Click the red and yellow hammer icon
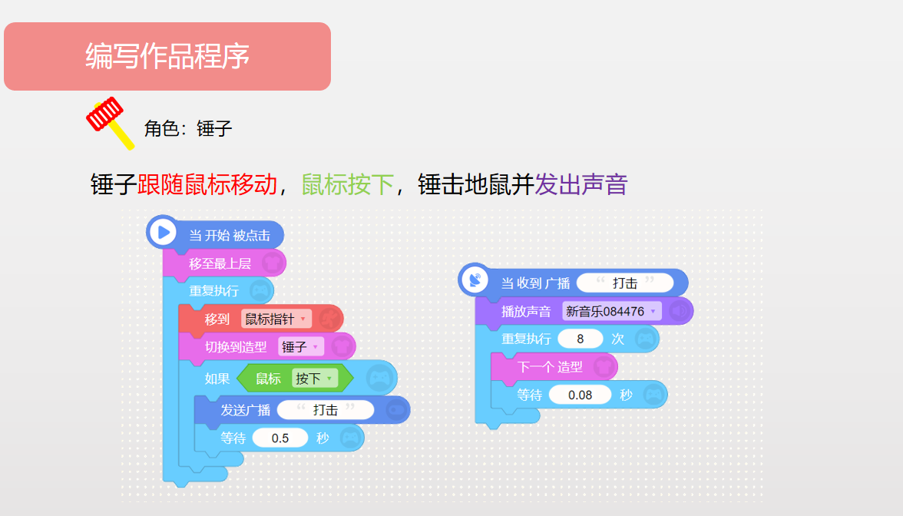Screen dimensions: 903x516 point(109,122)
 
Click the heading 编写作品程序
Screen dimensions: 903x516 point(167,57)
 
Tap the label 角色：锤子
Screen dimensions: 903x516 point(187,128)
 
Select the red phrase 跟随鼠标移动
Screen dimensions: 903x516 point(207,185)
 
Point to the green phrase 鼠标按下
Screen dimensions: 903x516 point(348,185)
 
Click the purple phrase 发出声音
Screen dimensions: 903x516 point(581,185)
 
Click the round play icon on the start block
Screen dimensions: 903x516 point(163,232)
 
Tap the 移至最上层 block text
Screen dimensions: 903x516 point(220,264)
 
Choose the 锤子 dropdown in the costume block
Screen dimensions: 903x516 point(301,347)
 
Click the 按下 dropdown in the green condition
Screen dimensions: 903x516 point(315,379)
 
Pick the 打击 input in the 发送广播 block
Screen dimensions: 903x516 point(326,409)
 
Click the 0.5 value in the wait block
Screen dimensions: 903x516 point(279,438)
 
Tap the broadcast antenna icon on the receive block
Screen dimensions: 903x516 point(475,280)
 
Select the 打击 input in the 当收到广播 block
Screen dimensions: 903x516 point(625,283)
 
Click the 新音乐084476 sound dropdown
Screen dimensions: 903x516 point(611,312)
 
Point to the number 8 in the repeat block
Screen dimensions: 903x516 point(580,339)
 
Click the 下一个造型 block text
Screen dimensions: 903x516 point(550,367)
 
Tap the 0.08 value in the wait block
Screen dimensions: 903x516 point(580,395)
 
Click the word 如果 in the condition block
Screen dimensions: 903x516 point(217,379)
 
